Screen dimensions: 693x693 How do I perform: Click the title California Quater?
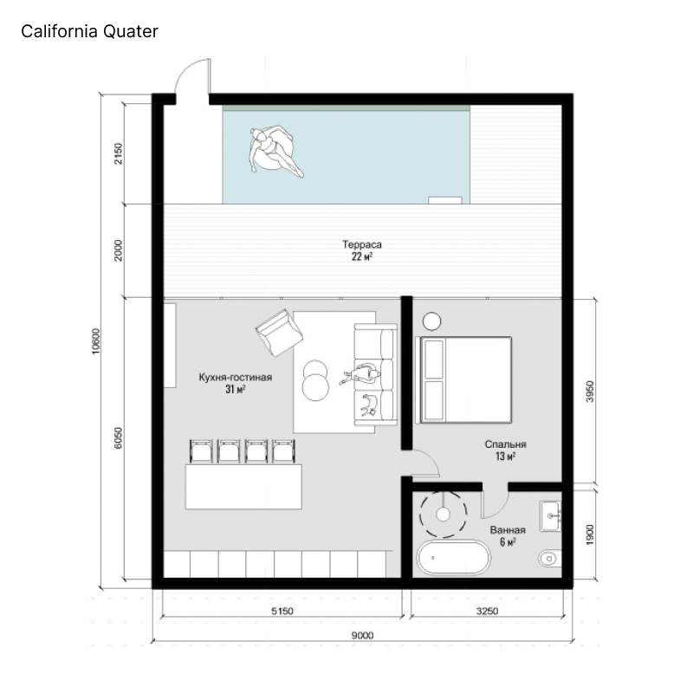[x=89, y=31]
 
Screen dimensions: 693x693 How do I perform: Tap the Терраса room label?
[x=361, y=244]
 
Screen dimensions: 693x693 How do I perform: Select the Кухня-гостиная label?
[x=235, y=377]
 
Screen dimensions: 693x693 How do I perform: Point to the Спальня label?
[x=505, y=444]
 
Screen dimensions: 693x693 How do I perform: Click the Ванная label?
[x=508, y=530]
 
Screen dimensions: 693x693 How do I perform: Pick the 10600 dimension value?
[x=96, y=341]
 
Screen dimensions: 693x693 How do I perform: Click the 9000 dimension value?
[x=362, y=635]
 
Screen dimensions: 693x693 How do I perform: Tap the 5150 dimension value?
[x=282, y=611]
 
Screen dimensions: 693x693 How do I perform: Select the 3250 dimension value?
[x=487, y=611]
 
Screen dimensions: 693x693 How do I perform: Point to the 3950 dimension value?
[x=590, y=392]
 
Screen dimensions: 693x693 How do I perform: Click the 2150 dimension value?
[x=118, y=153]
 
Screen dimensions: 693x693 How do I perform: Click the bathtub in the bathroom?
[x=453, y=558]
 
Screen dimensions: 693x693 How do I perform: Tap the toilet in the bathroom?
[x=549, y=559]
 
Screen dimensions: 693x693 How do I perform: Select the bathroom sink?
[x=550, y=516]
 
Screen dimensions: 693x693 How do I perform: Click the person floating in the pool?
[x=275, y=151]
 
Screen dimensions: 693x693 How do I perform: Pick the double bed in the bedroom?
[x=463, y=380]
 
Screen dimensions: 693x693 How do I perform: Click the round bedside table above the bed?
[x=431, y=321]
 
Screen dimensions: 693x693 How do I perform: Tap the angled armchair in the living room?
[x=279, y=333]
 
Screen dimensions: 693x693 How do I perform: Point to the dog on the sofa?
[x=370, y=405]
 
